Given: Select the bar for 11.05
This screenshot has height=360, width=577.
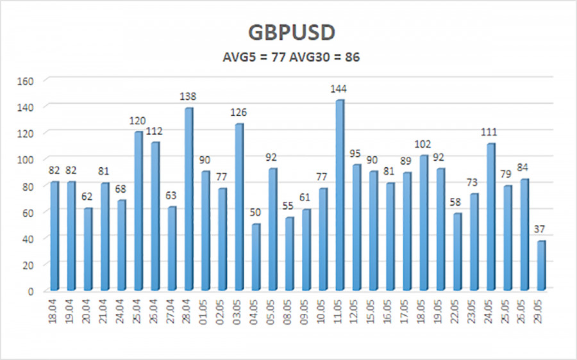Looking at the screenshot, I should click(x=340, y=195).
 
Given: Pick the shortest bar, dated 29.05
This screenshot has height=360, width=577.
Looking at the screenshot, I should click(x=541, y=265).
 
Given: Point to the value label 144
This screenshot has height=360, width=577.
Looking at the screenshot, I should click(x=340, y=88).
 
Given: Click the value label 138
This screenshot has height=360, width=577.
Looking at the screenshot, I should click(x=188, y=97).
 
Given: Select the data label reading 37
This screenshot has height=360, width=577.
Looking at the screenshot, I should click(x=541, y=229).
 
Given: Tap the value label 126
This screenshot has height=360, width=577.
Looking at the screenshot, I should click(x=239, y=113).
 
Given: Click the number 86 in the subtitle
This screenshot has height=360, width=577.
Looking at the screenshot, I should click(x=353, y=57).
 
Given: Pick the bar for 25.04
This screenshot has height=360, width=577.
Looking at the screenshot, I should click(x=138, y=211).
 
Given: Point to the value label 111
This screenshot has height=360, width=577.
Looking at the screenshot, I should click(x=490, y=132).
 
